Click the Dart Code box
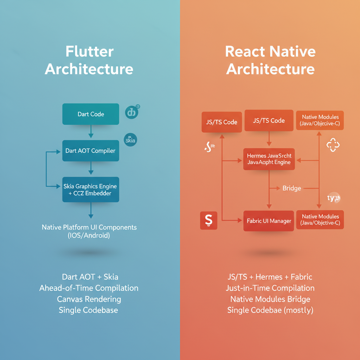[91, 114]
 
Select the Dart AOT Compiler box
[91, 151]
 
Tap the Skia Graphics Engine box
[91, 189]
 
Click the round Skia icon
[130, 140]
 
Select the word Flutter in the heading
[89, 52]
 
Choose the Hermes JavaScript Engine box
[269, 159]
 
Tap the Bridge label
[292, 188]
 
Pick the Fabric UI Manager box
[269, 221]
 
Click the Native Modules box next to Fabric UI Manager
[320, 220]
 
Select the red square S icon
[208, 221]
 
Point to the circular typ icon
[333, 198]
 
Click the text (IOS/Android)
[89, 236]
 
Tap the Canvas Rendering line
[89, 299]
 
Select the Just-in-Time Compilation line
[270, 288]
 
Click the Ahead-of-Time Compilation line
[89, 288]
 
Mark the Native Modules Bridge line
[270, 299]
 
